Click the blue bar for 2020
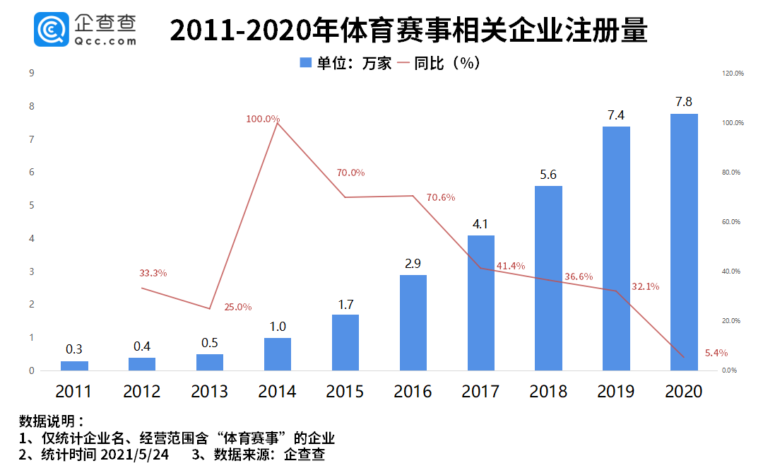click(684, 242)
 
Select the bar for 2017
click(481, 303)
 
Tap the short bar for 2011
click(74, 366)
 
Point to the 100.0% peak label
click(263, 119)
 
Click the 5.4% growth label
click(716, 353)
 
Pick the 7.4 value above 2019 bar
click(616, 115)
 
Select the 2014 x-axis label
click(277, 391)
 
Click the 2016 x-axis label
click(413, 391)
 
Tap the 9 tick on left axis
click(32, 73)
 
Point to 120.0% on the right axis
click(733, 73)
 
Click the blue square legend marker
click(305, 63)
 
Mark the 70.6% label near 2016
click(441, 197)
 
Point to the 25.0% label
click(237, 307)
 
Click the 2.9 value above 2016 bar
click(413, 264)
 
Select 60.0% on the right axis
click(733, 221)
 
